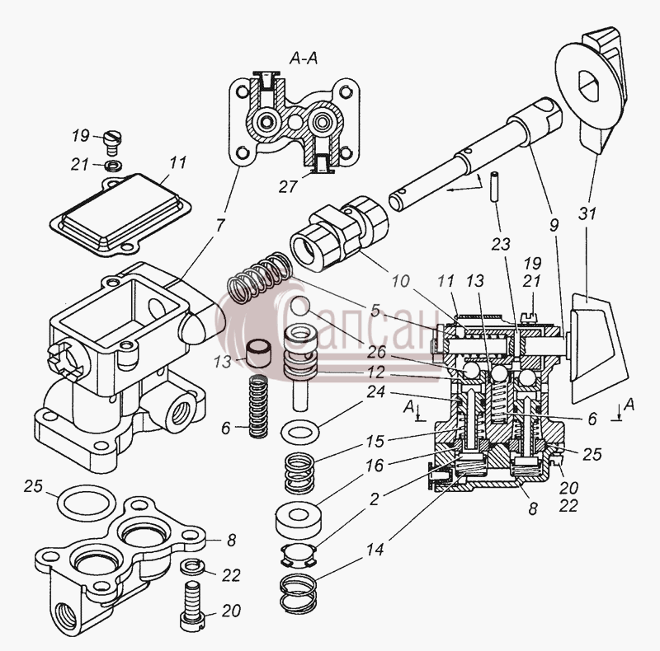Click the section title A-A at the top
[x=304, y=59]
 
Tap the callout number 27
[x=288, y=186]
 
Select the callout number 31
[x=587, y=213]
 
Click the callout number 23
[x=501, y=244]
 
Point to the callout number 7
[x=220, y=225]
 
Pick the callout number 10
[x=401, y=281]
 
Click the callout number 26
[x=376, y=353]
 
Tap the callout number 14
[x=375, y=549]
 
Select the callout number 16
[x=375, y=466]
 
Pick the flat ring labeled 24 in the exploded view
[x=300, y=432]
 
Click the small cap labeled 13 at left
[x=258, y=354]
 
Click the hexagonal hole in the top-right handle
[x=592, y=86]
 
